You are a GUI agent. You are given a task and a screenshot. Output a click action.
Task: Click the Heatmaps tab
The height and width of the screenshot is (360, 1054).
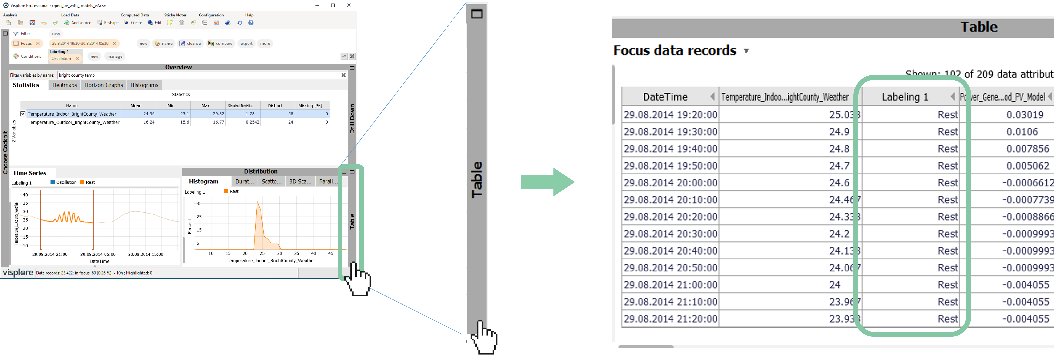65,85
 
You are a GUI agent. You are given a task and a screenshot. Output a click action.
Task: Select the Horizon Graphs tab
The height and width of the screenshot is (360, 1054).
104,85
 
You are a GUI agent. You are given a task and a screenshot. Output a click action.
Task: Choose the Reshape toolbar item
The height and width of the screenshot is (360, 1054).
108,23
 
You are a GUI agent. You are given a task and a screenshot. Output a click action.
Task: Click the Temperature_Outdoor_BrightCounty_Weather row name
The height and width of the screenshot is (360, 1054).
74,122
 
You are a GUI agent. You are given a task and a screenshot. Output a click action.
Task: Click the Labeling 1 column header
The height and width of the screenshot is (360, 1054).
905,97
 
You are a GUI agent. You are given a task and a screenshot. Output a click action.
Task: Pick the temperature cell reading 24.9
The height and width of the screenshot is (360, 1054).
839,132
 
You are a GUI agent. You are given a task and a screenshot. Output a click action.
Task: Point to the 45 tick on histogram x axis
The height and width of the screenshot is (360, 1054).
331,254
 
